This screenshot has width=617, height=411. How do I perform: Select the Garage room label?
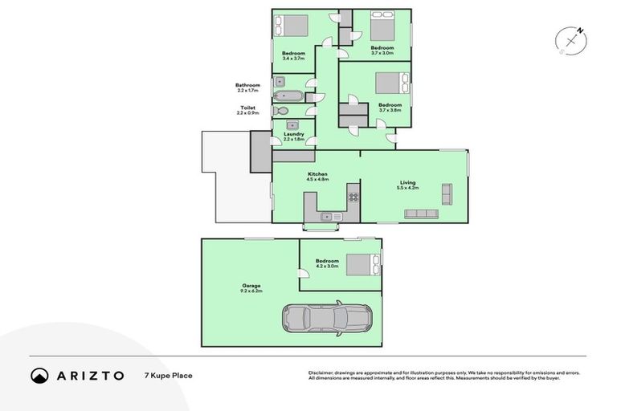tap(251, 287)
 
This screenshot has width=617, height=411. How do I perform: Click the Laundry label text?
tap(293, 135)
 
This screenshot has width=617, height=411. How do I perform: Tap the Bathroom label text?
tap(247, 86)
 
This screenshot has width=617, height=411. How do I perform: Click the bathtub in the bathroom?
tap(288, 96)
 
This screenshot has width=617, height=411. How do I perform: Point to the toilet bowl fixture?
tap(280, 111)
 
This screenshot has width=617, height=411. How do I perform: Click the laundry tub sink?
tap(293, 124)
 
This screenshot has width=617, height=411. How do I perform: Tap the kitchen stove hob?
tap(352, 195)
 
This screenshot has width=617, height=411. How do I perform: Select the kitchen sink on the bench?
tap(328, 216)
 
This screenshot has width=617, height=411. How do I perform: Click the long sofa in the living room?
tap(421, 214)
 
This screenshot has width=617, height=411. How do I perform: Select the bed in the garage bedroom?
tap(362, 264)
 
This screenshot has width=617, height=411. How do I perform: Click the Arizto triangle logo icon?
tap(39, 376)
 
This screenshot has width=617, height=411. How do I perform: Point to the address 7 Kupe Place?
tap(168, 376)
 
